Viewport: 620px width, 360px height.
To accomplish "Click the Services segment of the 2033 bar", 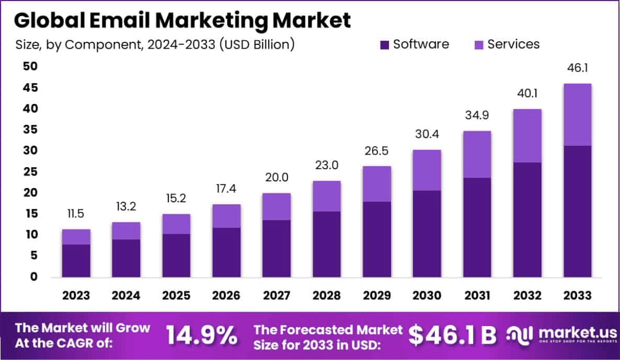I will click(x=577, y=114).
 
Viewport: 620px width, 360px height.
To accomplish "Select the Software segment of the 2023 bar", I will click(x=76, y=260).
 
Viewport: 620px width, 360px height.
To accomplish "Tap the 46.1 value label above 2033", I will click(x=577, y=68).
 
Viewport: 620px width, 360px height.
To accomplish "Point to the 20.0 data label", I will click(x=277, y=178).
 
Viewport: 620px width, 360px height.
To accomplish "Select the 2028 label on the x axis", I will click(x=327, y=296).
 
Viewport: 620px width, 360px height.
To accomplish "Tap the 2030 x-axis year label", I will click(x=427, y=296).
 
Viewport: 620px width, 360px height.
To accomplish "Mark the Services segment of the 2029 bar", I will click(x=377, y=183).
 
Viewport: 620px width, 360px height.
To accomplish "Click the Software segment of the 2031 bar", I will click(x=477, y=227).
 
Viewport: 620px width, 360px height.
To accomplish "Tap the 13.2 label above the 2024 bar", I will click(x=126, y=206).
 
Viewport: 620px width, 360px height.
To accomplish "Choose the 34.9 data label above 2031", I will click(x=477, y=115).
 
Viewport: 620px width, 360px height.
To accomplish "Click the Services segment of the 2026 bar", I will click(x=226, y=216).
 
